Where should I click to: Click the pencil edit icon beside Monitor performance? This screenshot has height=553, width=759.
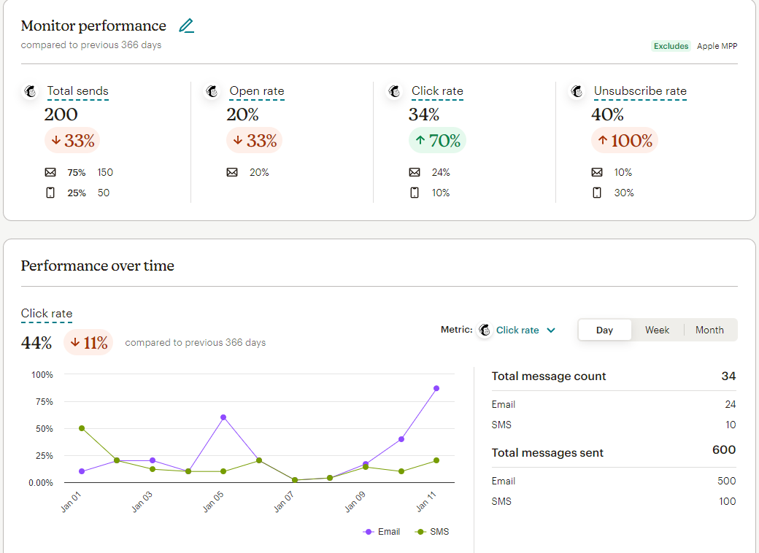[187, 26]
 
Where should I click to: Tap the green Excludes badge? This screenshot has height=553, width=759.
[671, 46]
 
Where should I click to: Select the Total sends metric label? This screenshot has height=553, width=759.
[77, 91]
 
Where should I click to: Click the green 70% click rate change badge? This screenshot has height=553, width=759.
[437, 141]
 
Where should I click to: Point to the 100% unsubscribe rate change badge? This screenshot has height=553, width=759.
[624, 141]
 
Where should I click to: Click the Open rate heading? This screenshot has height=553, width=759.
[256, 91]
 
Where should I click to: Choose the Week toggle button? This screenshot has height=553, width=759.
[657, 330]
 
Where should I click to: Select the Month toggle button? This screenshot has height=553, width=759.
[709, 330]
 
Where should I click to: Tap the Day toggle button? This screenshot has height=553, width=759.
[604, 330]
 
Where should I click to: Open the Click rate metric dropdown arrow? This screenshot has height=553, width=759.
[551, 330]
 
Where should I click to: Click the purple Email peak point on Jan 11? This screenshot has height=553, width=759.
[436, 388]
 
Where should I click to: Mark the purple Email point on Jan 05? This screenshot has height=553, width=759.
[223, 417]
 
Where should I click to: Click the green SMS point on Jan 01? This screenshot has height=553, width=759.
[81, 428]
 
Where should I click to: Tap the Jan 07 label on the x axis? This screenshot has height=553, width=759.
[284, 502]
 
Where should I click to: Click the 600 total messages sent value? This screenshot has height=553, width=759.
[724, 450]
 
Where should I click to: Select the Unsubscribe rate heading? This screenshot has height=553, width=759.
[640, 91]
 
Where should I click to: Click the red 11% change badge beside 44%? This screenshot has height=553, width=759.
[88, 343]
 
